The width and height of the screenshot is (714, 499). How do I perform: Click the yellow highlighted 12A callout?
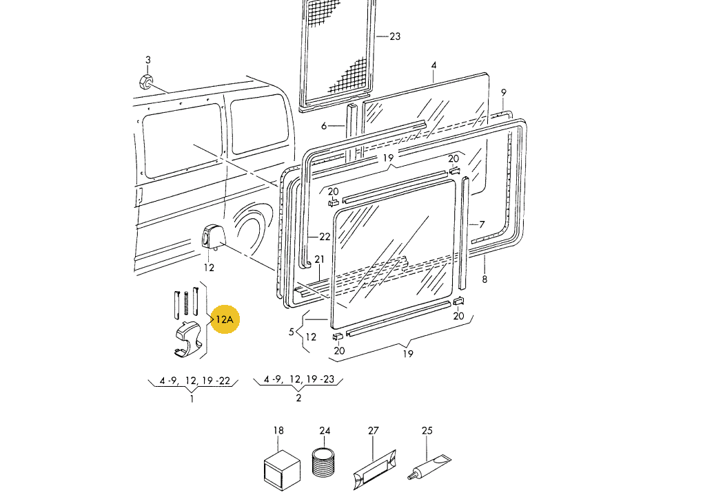(x=225, y=319)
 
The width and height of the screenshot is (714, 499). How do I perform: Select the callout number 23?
(x=395, y=36)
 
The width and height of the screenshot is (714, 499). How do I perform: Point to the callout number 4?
(x=433, y=65)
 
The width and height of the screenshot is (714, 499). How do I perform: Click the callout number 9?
(x=503, y=92)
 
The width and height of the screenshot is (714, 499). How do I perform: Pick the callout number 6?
(x=324, y=125)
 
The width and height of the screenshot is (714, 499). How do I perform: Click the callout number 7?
(x=482, y=224)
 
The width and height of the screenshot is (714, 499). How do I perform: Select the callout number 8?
(x=484, y=279)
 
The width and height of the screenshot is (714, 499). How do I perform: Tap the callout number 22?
(x=324, y=237)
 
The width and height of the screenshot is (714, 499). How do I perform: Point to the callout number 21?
(x=320, y=259)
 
